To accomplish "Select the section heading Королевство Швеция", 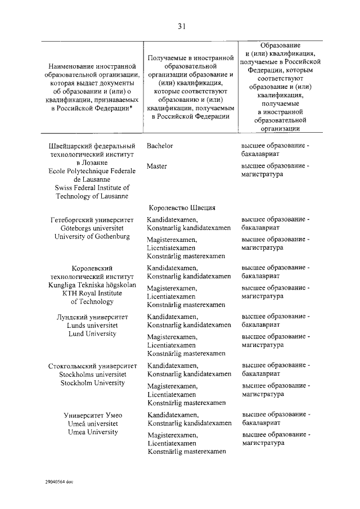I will click(x=182, y=207).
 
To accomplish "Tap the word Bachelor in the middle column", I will click(x=160, y=146).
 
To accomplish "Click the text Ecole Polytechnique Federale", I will click(x=93, y=170).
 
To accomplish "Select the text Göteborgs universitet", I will click(x=93, y=228).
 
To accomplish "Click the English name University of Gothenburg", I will click(x=93, y=236).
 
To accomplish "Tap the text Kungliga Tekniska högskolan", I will click(x=93, y=285).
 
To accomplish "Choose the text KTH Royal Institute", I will click(x=93, y=293).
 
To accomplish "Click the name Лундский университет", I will click(x=93, y=317).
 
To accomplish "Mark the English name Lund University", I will click(x=93, y=334).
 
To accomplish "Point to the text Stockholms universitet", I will click(x=93, y=375).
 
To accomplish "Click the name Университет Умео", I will click(x=93, y=415).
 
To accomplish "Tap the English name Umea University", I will click(x=93, y=432).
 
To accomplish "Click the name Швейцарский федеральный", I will click(x=93, y=146).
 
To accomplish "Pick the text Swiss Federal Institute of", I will click(x=93, y=187).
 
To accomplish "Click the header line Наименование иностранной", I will click(x=93, y=66).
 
